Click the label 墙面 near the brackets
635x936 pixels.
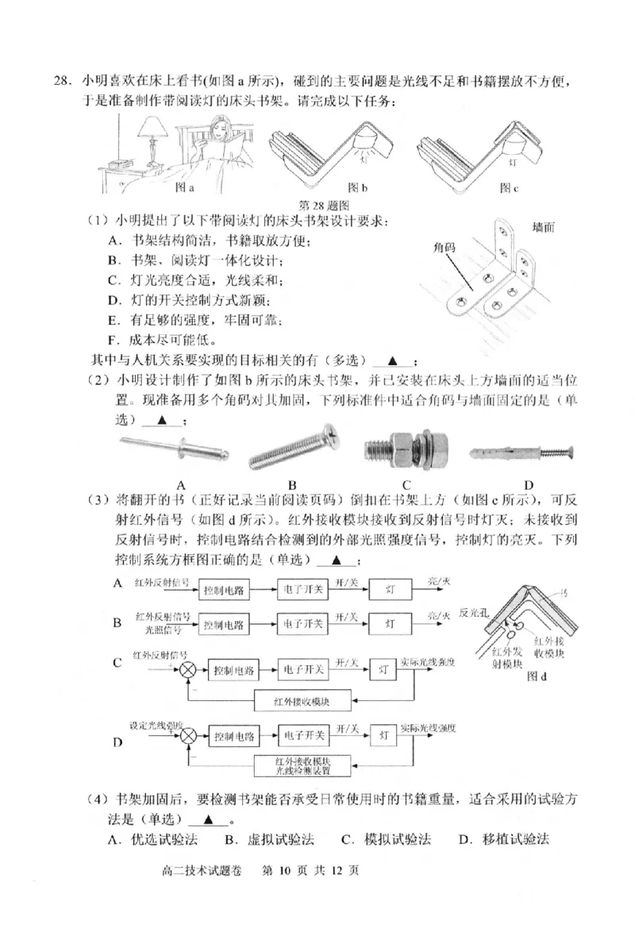pyautogui.click(x=542, y=228)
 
